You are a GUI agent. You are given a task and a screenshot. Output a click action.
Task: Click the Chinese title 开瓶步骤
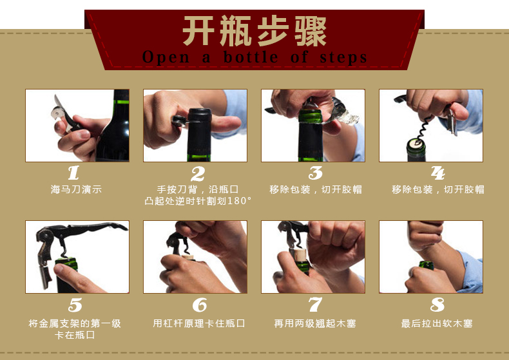254,31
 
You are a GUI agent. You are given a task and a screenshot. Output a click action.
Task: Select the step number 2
197,173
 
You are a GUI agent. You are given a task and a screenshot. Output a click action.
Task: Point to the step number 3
315,173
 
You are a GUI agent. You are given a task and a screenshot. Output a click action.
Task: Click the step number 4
437,173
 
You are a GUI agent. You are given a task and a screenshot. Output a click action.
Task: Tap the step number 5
75,305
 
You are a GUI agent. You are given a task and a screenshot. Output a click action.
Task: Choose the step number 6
199,305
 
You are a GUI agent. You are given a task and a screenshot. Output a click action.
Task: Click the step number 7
315,305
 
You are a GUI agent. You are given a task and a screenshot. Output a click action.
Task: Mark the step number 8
437,305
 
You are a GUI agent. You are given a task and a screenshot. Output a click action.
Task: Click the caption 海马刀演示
76,189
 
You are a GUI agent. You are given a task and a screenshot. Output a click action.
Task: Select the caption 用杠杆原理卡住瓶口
199,323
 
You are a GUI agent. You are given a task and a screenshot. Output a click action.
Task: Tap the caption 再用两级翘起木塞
314,323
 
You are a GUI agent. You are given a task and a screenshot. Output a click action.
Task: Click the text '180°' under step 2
238,201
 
